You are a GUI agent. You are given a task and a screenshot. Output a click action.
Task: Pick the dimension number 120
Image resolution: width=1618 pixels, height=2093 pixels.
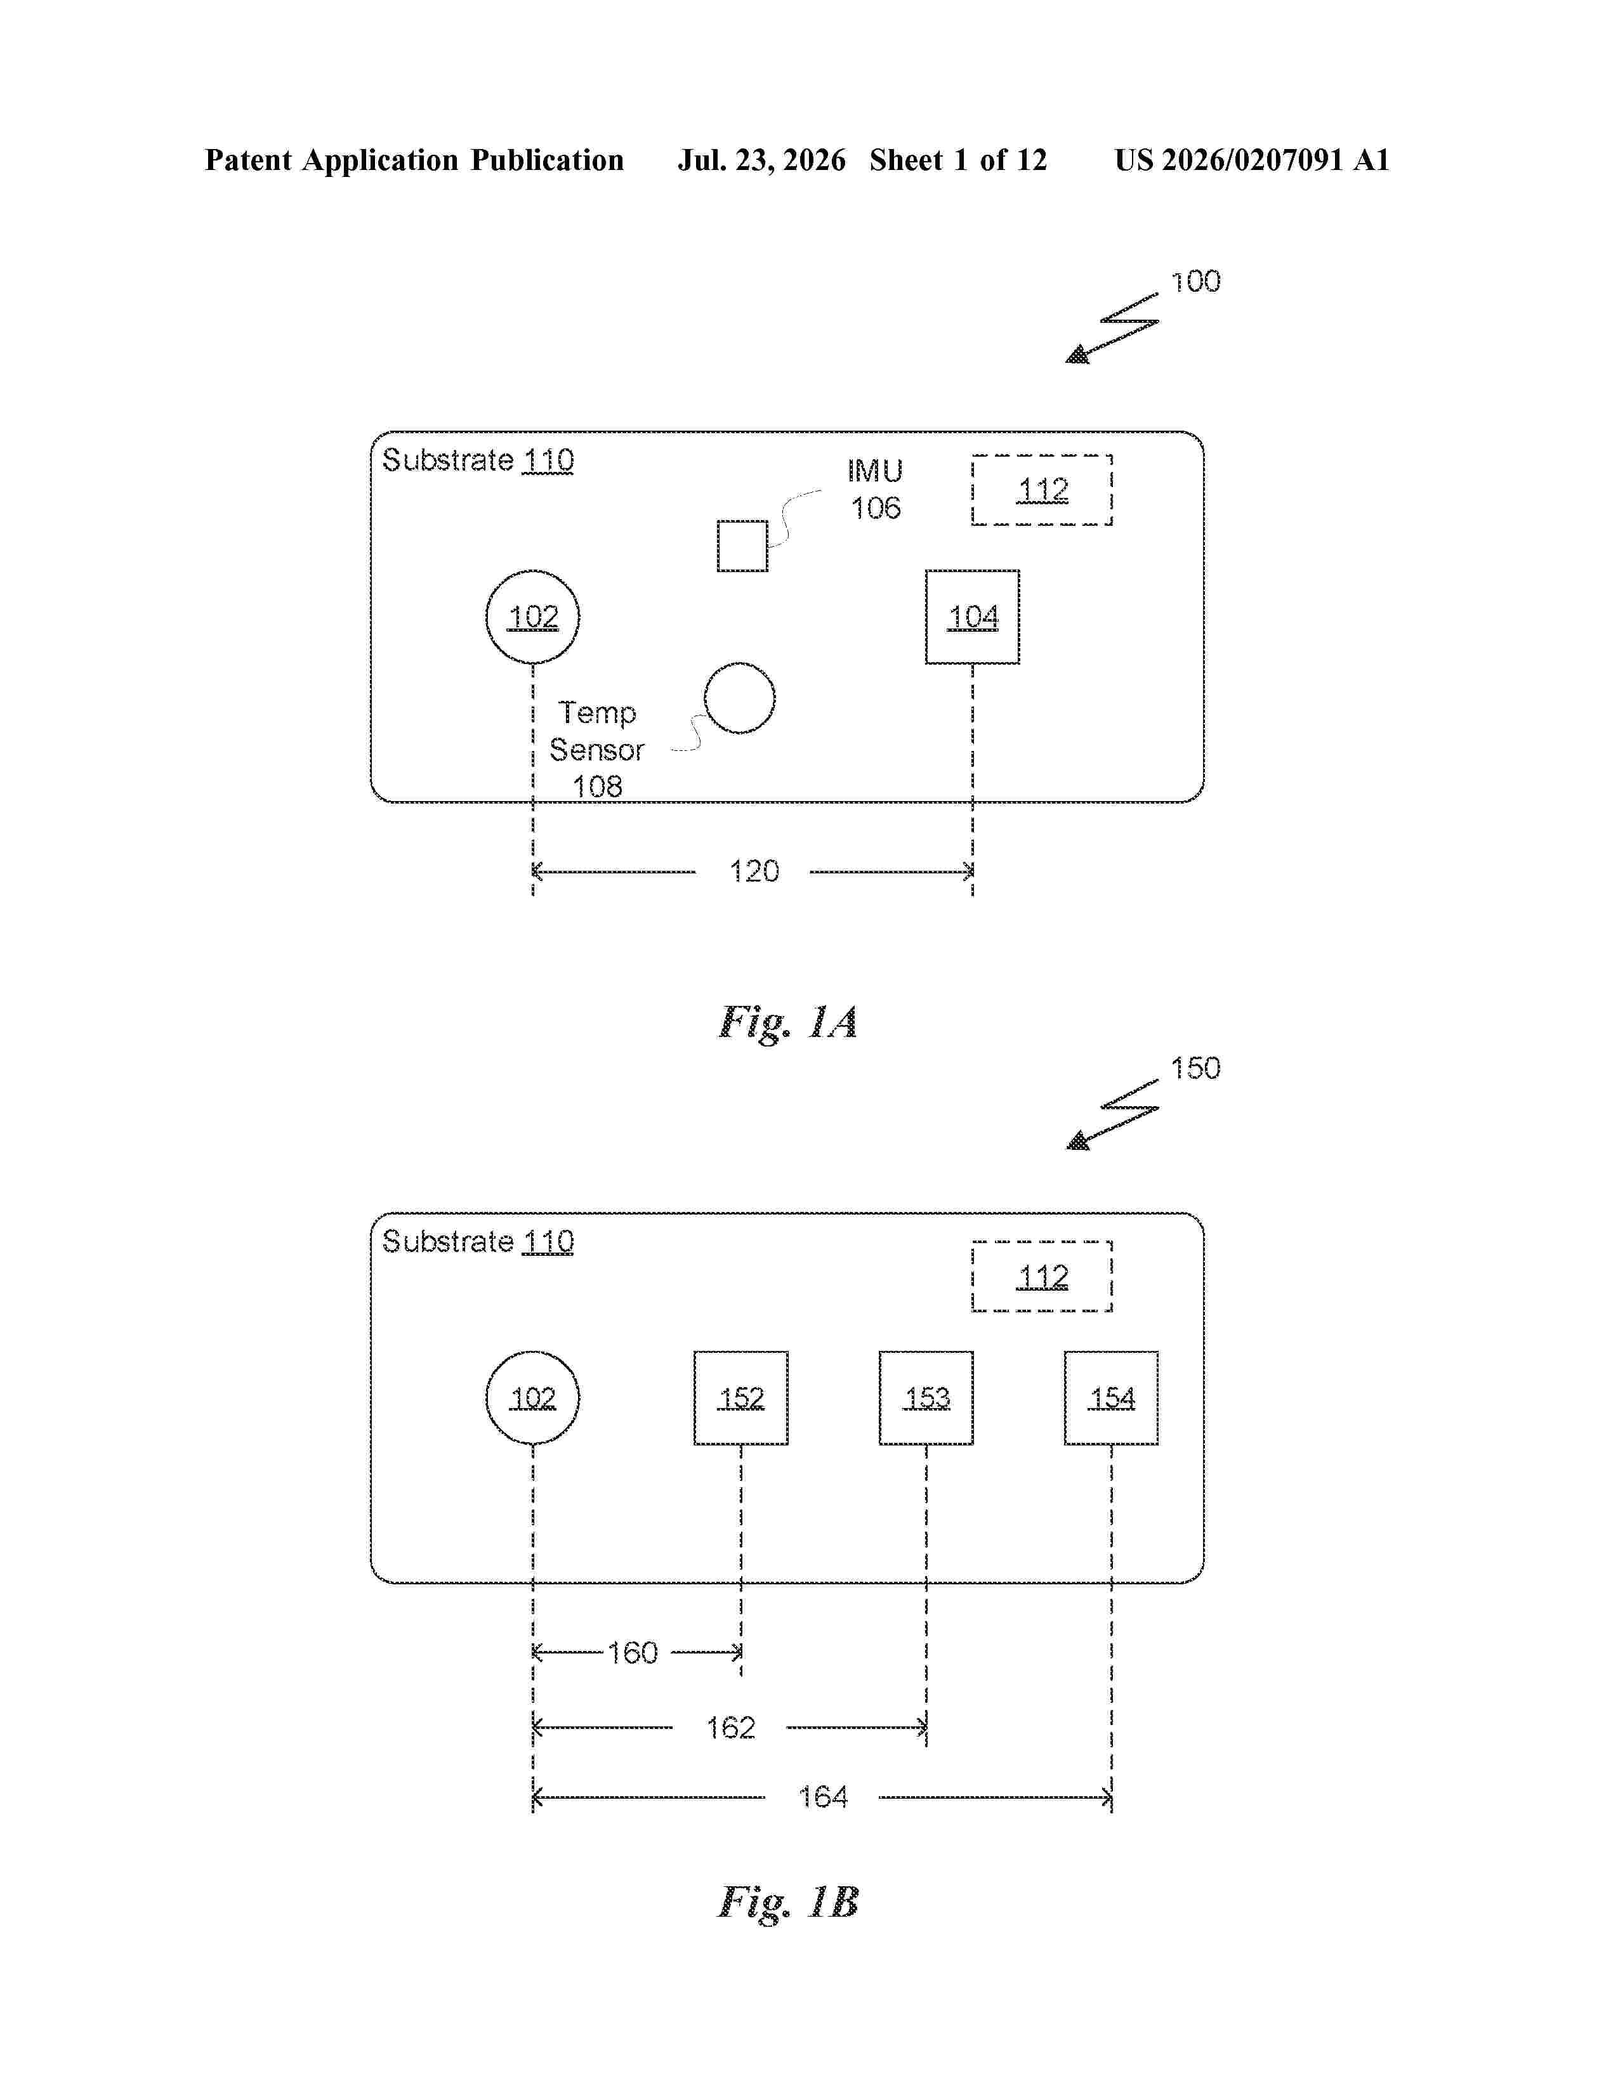pos(754,871)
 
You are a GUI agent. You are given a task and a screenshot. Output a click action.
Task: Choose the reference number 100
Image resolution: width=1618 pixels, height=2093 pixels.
pos(1195,281)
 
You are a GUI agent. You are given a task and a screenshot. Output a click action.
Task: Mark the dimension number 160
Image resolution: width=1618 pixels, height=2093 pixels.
pos(633,1652)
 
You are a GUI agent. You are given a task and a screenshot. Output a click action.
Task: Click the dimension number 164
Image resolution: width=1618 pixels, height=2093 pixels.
pos(824,1797)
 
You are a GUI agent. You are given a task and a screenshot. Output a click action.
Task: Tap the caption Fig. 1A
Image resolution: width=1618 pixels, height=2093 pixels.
pos(788,1022)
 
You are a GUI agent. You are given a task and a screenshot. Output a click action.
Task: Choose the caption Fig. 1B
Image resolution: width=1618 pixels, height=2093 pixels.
pos(788,1901)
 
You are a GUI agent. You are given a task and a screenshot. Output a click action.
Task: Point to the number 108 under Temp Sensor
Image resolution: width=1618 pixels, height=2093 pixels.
pos(597,787)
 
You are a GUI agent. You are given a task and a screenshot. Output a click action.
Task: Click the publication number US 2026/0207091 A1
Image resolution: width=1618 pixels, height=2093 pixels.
pos(1252,160)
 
